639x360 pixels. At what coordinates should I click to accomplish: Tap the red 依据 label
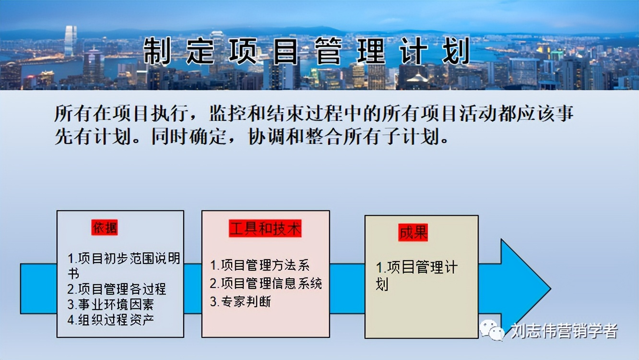coord(105,228)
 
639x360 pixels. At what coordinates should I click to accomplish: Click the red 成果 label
coord(413,233)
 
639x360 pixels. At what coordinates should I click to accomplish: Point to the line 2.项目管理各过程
coord(117,289)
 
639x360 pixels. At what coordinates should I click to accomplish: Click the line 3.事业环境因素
coord(110,304)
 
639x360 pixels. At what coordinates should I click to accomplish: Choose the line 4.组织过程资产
coord(110,320)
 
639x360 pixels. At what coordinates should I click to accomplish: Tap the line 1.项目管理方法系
coord(260,265)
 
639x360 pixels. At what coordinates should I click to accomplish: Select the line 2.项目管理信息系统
coord(266,283)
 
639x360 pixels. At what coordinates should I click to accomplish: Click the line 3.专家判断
coord(240,301)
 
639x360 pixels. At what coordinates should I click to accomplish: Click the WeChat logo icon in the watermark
coord(491,330)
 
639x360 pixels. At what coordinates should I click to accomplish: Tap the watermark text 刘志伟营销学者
coord(564,331)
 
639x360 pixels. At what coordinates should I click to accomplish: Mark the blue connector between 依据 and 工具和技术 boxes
coord(192,288)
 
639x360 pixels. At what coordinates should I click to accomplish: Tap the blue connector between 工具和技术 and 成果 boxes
coord(347,288)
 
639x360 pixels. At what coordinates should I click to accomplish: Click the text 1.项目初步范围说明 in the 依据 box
coord(124,259)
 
